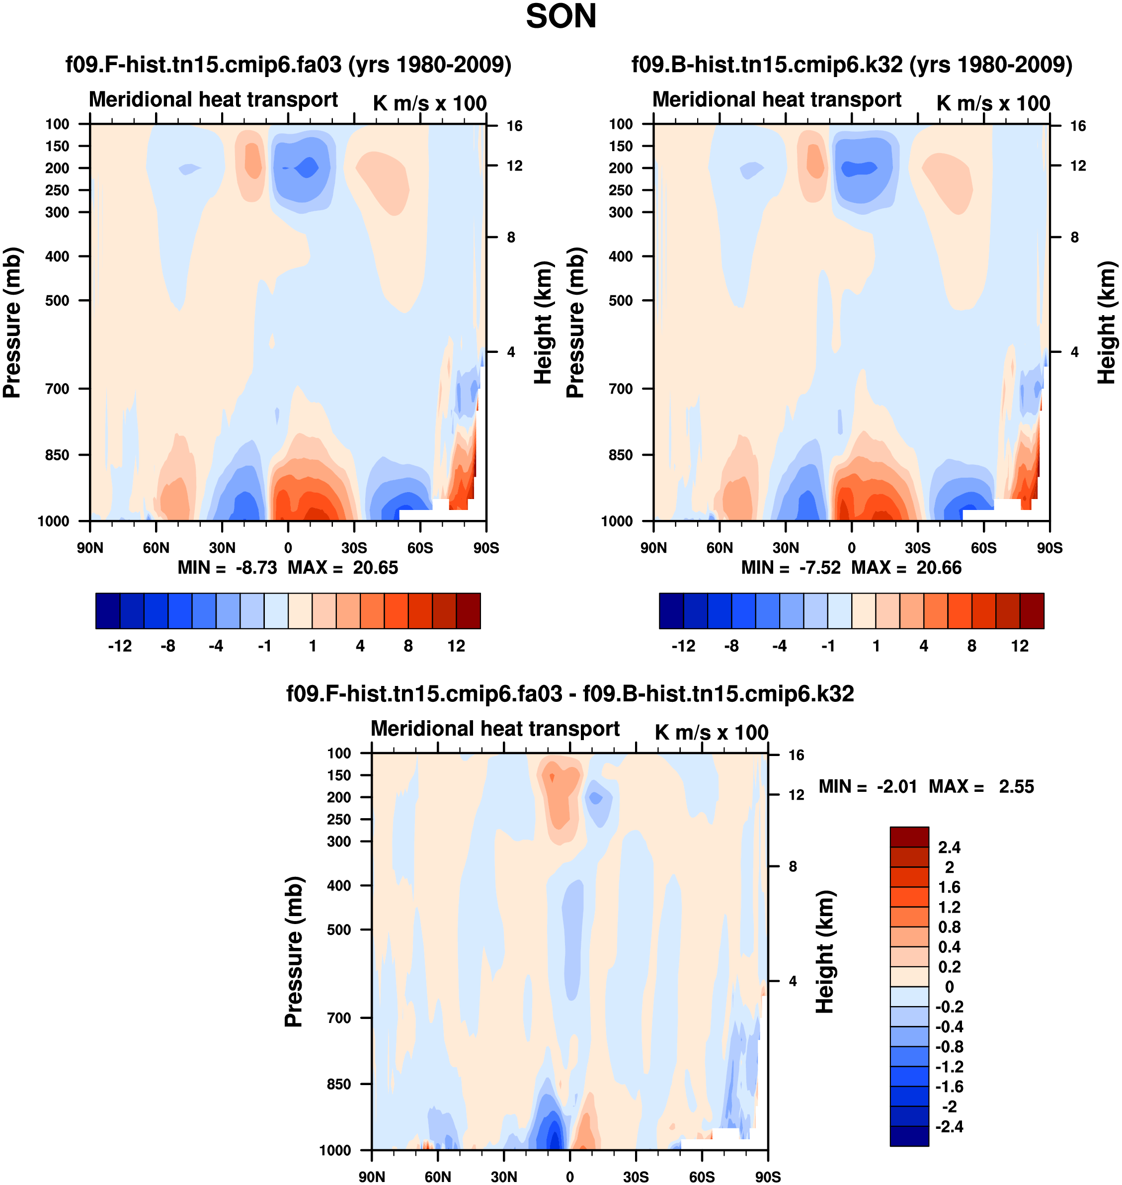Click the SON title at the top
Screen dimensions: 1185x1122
click(561, 17)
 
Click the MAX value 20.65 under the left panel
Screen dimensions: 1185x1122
click(375, 568)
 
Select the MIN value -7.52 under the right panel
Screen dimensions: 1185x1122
click(819, 568)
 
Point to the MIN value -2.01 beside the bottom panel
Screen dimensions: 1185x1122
click(896, 787)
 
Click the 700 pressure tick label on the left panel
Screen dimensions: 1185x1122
click(58, 389)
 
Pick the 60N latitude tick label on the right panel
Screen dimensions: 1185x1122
click(720, 548)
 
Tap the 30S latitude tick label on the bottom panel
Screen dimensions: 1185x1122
click(636, 1177)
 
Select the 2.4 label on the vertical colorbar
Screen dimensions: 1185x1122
click(949, 847)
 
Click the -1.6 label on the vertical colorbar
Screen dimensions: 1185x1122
click(949, 1087)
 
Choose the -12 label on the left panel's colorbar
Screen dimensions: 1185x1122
click(120, 646)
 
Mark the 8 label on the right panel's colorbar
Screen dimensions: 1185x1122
click(972, 646)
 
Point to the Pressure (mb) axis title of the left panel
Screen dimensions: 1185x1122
click(12, 323)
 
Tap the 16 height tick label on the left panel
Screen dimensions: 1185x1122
click(514, 126)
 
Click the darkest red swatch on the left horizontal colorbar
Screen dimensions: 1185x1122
click(468, 611)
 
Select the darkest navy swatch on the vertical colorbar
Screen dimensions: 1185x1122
click(909, 1136)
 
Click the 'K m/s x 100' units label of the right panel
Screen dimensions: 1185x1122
click(993, 103)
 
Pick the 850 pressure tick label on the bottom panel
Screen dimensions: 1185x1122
click(338, 1084)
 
